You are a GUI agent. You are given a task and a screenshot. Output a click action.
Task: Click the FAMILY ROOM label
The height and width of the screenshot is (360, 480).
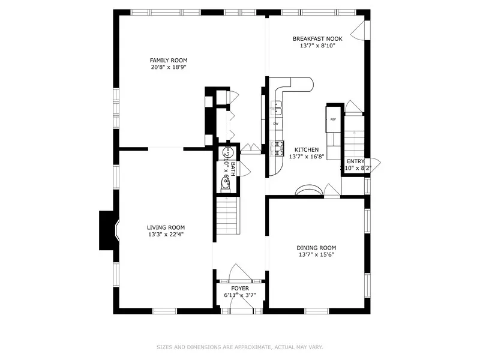pyautogui.click(x=169, y=60)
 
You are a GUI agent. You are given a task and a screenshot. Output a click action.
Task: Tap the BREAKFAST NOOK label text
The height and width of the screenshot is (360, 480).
pyautogui.click(x=317, y=39)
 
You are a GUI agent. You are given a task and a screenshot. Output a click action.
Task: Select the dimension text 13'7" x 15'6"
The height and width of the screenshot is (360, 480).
pyautogui.click(x=316, y=254)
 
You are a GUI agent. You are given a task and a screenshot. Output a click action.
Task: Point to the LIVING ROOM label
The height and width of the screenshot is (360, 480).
pyautogui.click(x=166, y=227)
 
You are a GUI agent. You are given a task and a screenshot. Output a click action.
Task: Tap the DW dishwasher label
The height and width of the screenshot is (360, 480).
pyautogui.click(x=275, y=124)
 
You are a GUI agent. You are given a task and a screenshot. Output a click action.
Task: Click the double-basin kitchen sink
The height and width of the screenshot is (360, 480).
pyautogui.click(x=278, y=108)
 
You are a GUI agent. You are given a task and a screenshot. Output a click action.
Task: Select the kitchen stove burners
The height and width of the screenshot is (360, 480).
pyautogui.click(x=278, y=147)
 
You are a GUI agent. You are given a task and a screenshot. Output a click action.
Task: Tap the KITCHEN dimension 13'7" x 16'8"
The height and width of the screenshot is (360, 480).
pyautogui.click(x=306, y=157)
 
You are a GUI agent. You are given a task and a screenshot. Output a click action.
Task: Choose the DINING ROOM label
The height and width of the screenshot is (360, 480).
pyautogui.click(x=316, y=247)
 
